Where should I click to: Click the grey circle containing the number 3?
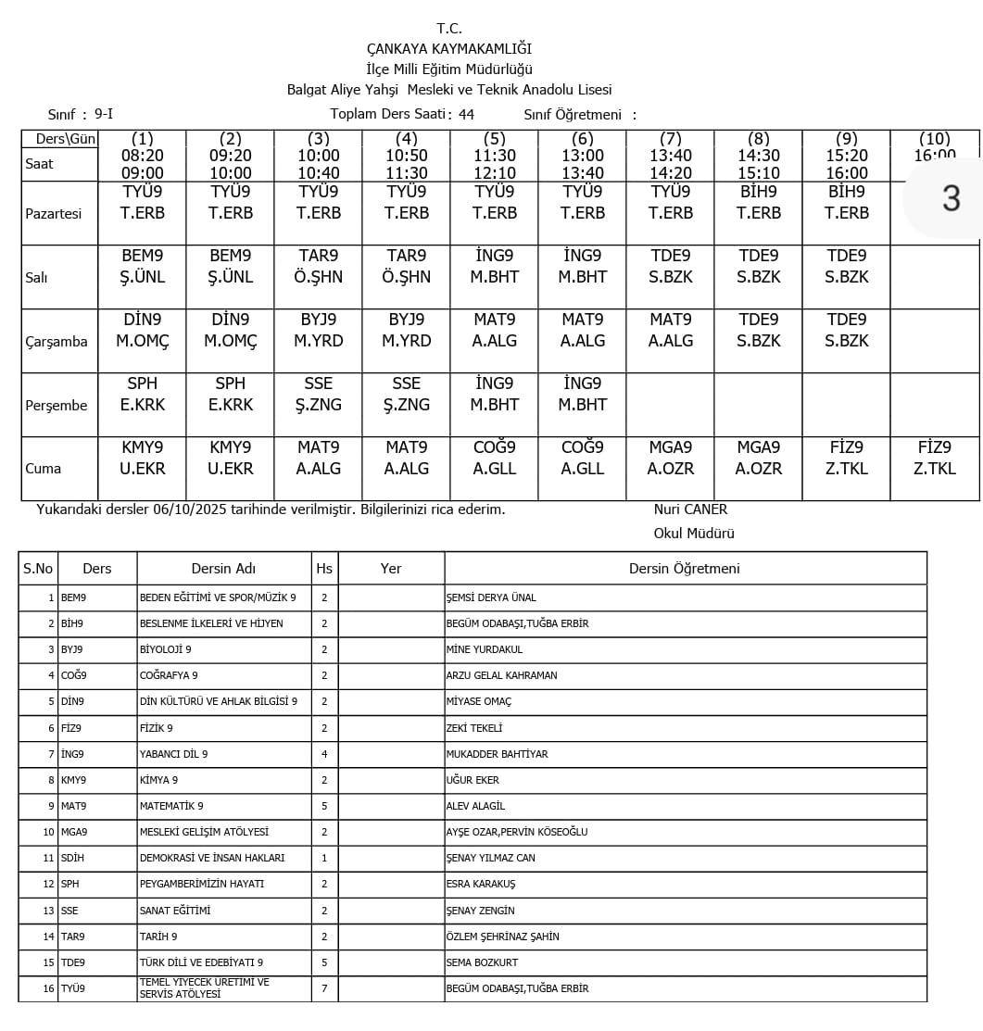[x=951, y=198]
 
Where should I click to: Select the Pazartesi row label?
[x=54, y=213]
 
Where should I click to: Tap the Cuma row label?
[x=44, y=469]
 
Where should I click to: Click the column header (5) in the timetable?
[x=495, y=139]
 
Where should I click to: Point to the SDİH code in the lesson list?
[x=72, y=858]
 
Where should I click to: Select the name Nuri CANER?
[x=690, y=509]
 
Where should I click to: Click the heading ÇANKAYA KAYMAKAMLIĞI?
[x=449, y=49]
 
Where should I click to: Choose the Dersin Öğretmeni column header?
[x=685, y=569]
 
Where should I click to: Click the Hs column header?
[x=324, y=569]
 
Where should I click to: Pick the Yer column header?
[x=391, y=569]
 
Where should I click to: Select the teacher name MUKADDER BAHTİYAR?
[x=497, y=754]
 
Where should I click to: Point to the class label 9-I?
[x=103, y=115]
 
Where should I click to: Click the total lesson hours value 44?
[x=466, y=115]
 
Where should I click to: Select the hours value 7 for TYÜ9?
[x=324, y=988]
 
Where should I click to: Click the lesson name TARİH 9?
[x=158, y=937]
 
